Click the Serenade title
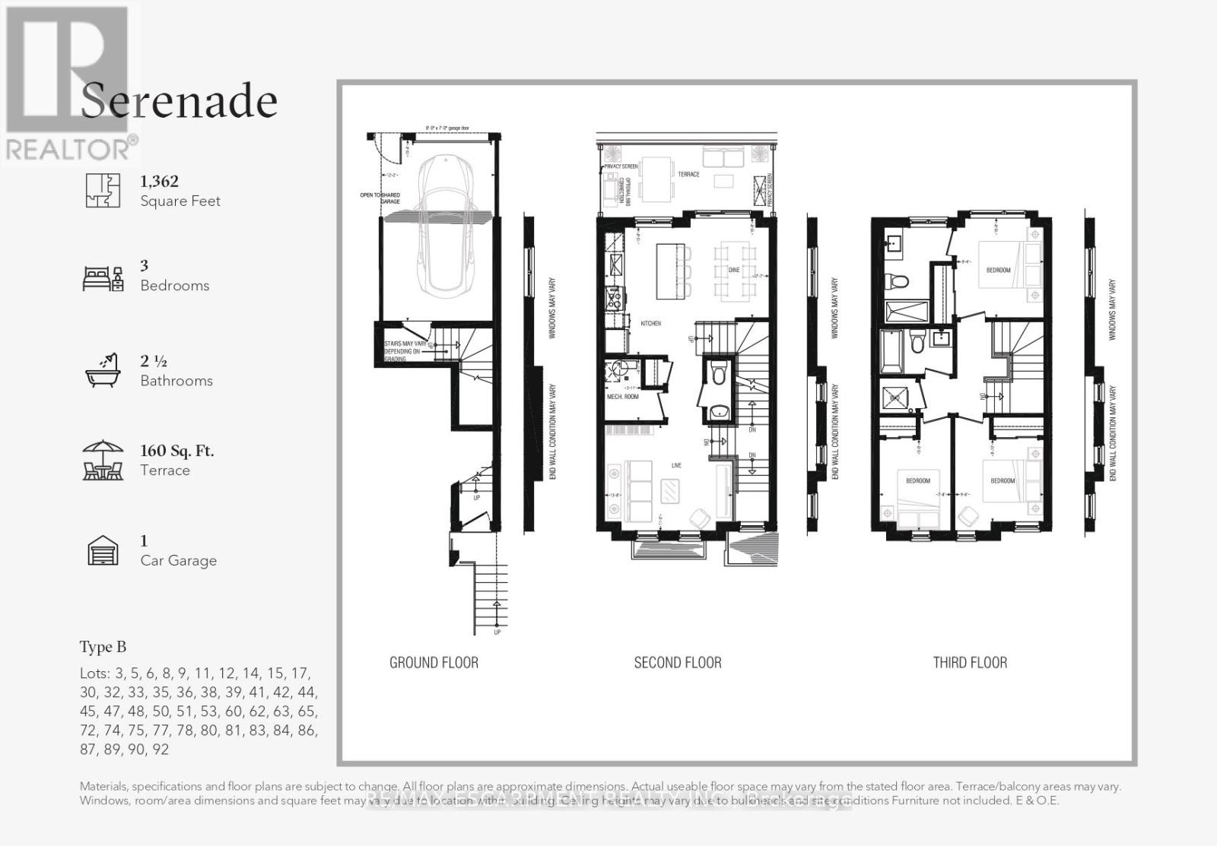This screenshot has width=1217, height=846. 179,102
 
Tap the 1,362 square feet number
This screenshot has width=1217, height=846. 159,181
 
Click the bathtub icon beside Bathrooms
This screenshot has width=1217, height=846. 103,371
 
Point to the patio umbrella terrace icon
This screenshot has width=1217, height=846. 103,460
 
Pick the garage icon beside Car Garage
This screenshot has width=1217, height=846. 103,551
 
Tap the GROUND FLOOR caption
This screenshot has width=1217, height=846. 434,663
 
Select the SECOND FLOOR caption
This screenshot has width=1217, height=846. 677,663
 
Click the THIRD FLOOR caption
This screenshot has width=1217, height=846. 970,663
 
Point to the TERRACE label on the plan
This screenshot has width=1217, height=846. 688,174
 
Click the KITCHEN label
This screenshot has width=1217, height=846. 650,324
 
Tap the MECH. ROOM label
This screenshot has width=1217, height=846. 622,397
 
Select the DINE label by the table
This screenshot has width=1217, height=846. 734,270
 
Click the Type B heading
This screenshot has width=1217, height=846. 103,647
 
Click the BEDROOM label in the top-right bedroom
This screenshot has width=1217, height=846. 998,270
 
